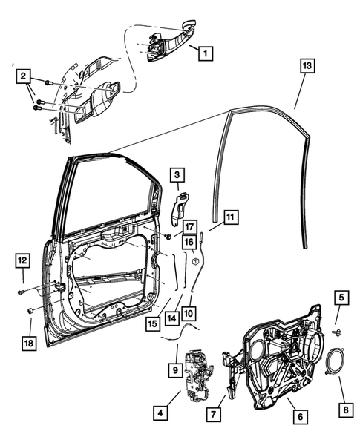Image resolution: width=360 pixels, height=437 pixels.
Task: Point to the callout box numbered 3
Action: coord(178,176)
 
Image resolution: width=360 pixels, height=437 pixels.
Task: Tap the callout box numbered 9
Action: coord(174,368)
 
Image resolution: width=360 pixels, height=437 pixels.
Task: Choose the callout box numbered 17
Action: coord(189,226)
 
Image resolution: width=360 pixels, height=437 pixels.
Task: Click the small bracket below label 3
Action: coord(179,208)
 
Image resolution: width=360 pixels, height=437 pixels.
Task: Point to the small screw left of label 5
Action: coord(336,332)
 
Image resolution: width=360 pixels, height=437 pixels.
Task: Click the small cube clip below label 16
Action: coord(192,260)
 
